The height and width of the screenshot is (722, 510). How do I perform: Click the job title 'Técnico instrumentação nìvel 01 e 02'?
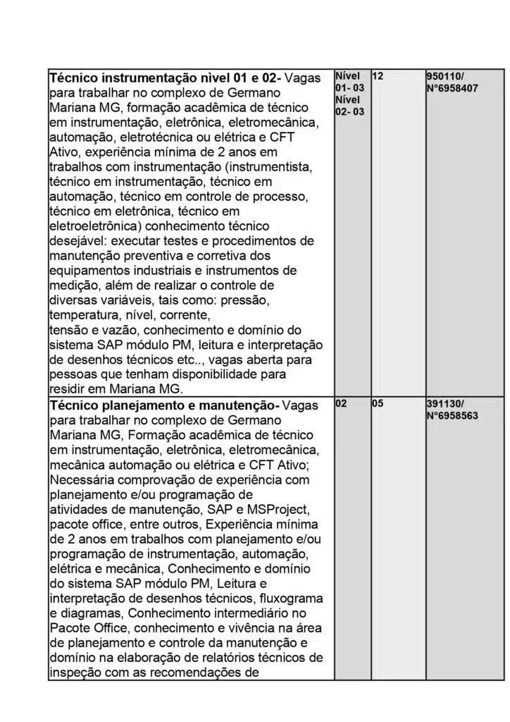pos(163,77)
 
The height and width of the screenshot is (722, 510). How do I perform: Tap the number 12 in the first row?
pos(378,76)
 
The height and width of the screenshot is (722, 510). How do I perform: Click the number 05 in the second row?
pos(378,405)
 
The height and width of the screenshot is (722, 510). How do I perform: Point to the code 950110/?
pos(445,76)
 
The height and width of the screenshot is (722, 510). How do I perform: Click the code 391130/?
pos(445,405)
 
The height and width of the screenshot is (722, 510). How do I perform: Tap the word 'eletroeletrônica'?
pos(92,226)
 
